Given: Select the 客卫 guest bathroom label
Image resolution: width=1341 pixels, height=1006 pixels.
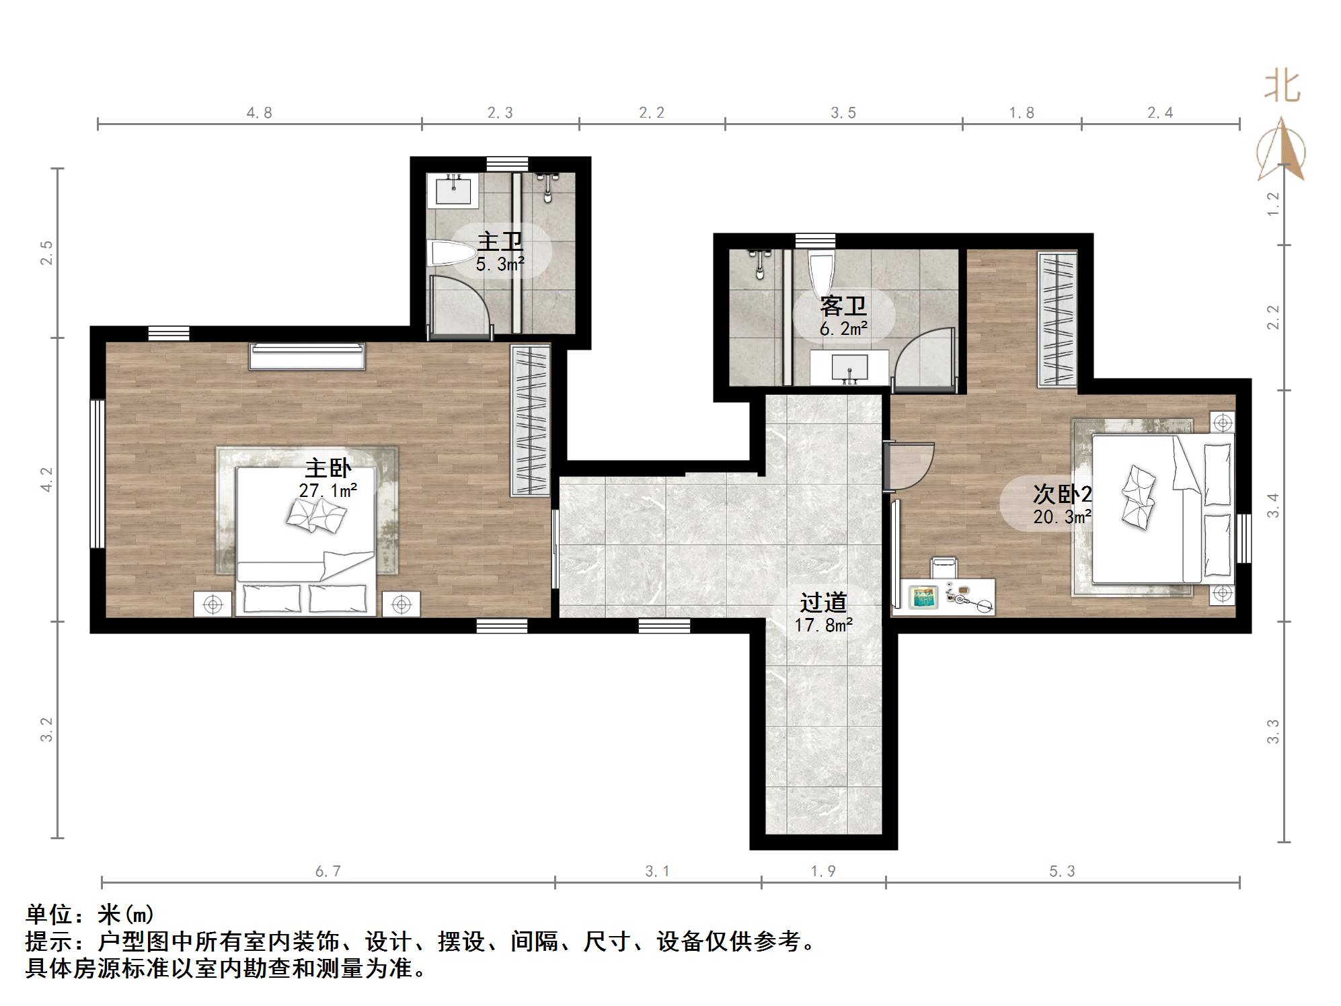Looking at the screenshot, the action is [x=843, y=307].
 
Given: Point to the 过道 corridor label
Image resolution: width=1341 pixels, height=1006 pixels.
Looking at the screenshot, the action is [x=823, y=603].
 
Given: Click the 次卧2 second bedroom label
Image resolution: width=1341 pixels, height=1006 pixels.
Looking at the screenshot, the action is [x=1063, y=495].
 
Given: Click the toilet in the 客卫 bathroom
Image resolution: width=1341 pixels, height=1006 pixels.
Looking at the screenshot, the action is [x=821, y=272].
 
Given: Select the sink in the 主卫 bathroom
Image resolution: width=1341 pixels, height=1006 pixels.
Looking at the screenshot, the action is [x=453, y=189].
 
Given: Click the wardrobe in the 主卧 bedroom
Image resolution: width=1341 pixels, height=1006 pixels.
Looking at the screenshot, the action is [x=531, y=420].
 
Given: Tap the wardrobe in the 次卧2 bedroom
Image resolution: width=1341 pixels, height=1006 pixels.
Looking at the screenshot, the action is [x=1058, y=319].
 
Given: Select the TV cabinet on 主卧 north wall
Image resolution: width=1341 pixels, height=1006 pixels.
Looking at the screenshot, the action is [x=307, y=356].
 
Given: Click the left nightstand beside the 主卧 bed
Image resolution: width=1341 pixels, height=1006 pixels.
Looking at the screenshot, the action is [x=213, y=604].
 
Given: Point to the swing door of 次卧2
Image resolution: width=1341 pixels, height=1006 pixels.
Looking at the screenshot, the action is [x=912, y=467].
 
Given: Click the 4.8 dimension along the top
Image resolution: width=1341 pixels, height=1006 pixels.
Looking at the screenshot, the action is [x=260, y=113].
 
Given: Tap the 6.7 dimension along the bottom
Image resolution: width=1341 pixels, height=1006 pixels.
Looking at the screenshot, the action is [x=328, y=872].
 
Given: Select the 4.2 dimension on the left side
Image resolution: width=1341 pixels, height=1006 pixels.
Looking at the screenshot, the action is [x=46, y=479].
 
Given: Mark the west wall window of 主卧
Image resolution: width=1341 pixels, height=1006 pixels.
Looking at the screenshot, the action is [x=98, y=474].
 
